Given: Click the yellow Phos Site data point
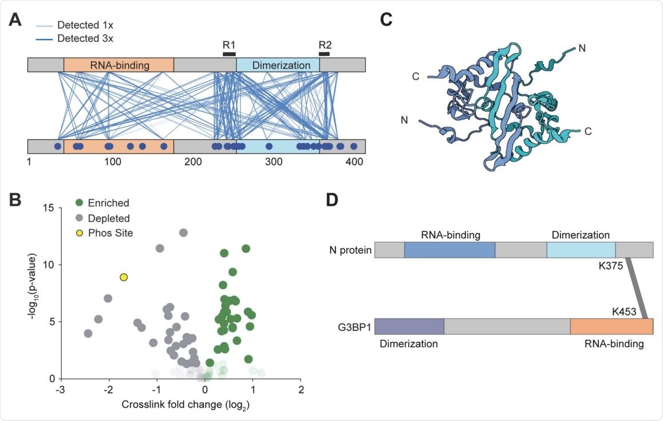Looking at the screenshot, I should [123, 277].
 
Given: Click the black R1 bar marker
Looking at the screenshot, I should [229, 54].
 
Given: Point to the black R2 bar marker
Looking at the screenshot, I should [324, 54].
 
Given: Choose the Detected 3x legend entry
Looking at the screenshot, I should [74, 38].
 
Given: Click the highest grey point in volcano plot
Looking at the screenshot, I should [183, 233].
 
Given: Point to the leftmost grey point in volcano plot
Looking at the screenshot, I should [88, 333].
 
